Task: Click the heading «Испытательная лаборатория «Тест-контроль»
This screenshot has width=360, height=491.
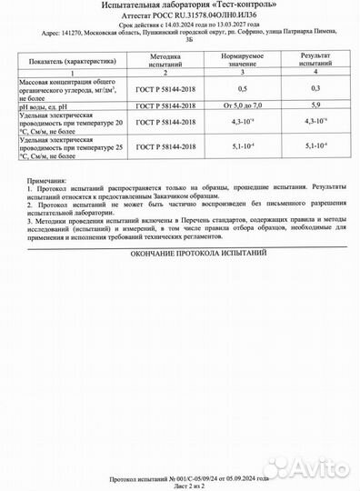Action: click(179, 7)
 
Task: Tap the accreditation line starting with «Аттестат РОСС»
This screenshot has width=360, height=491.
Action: click(179, 18)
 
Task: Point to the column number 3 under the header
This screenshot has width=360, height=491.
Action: click(243, 73)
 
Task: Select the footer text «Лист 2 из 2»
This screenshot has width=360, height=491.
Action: click(179, 484)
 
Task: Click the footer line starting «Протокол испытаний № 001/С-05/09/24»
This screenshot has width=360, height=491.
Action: click(179, 476)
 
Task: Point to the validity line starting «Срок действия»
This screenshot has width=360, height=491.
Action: click(179, 27)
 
